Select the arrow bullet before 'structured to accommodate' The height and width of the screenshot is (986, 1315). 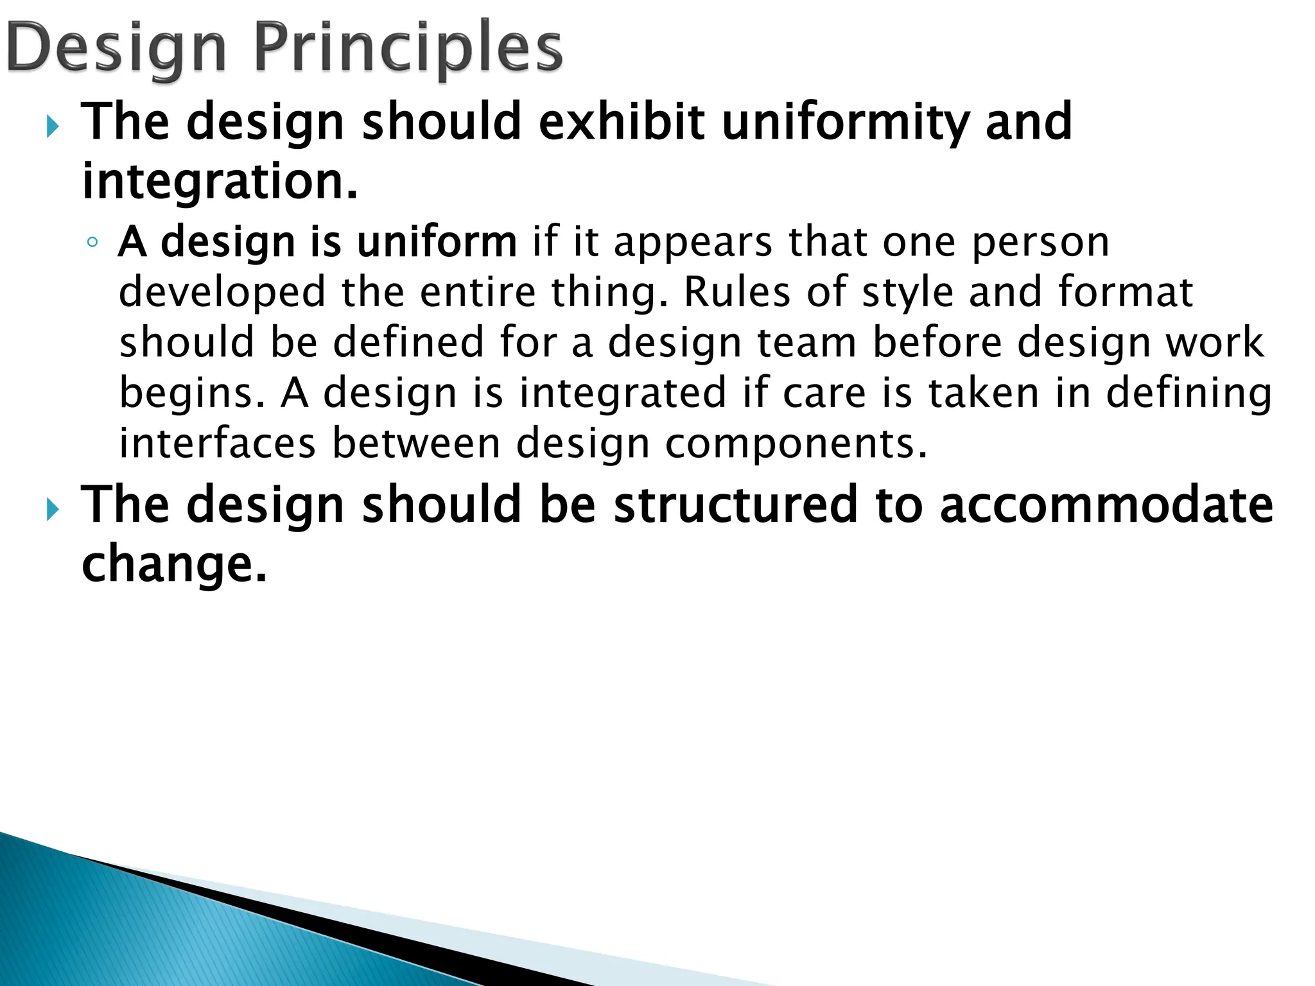coord(53,510)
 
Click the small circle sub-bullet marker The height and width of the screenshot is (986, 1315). coord(92,243)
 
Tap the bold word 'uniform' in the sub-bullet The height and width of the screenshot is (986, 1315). coord(437,242)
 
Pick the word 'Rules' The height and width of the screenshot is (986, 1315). coord(736,292)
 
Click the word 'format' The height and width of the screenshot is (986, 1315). coord(1125,292)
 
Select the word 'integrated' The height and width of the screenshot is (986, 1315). coord(622,393)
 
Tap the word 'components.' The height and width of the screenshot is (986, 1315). coord(796,444)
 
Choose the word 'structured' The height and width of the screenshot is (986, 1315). coord(736,505)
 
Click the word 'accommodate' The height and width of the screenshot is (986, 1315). coord(1106,505)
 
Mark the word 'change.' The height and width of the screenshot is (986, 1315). coord(174,564)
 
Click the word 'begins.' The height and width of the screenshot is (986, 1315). coord(192,393)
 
